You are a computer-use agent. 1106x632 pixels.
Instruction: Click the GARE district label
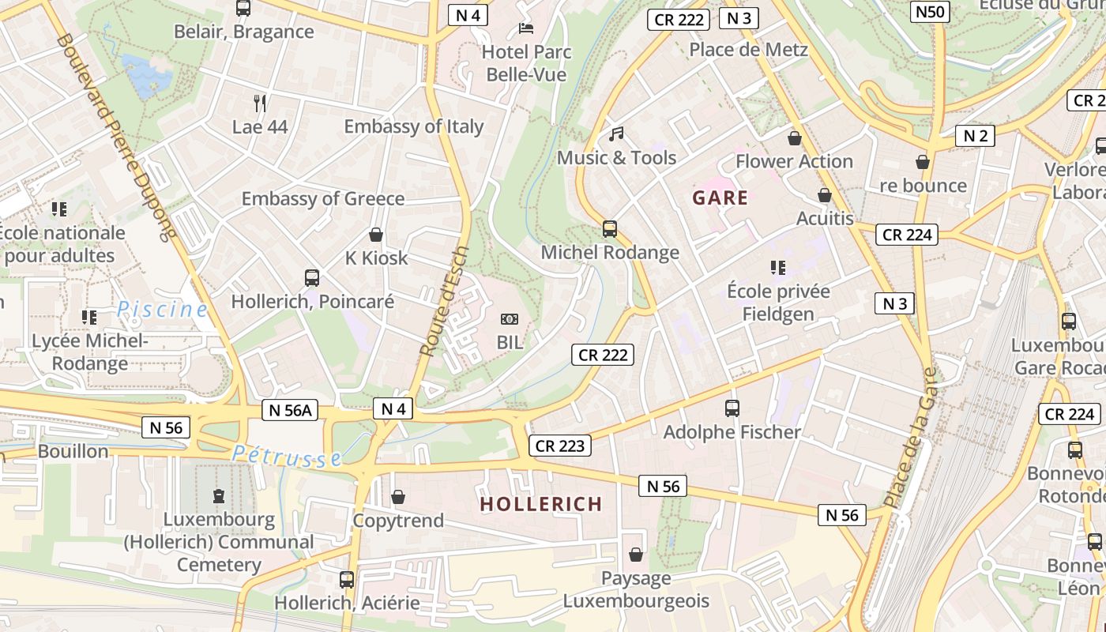pos(720,197)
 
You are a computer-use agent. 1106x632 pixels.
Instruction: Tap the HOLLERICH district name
pos(541,504)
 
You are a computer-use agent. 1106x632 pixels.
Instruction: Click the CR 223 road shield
pos(560,446)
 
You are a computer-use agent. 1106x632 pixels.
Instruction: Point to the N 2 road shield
pos(976,136)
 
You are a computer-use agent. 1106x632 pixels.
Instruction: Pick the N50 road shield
pos(930,11)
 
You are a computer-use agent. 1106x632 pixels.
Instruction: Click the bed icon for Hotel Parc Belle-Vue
pos(526,28)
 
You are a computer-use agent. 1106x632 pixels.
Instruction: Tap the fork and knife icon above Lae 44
pos(260,103)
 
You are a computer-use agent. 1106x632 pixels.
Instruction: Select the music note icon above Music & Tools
pos(616,134)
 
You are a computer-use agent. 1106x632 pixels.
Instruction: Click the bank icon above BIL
pos(510,319)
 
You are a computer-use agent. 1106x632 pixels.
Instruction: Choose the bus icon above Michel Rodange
pos(609,229)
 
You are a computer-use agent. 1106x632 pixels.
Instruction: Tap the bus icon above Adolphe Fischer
pos(732,408)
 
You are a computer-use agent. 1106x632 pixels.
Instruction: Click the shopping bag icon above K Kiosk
pos(376,235)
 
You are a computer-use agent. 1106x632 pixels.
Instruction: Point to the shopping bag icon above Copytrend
pos(398,497)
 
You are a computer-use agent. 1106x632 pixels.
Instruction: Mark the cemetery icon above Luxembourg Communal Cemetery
pos(219,496)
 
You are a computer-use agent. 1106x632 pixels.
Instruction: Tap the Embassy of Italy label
pos(413,126)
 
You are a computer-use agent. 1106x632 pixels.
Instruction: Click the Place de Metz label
pos(748,50)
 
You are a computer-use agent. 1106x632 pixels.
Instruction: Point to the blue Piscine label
pos(162,310)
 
